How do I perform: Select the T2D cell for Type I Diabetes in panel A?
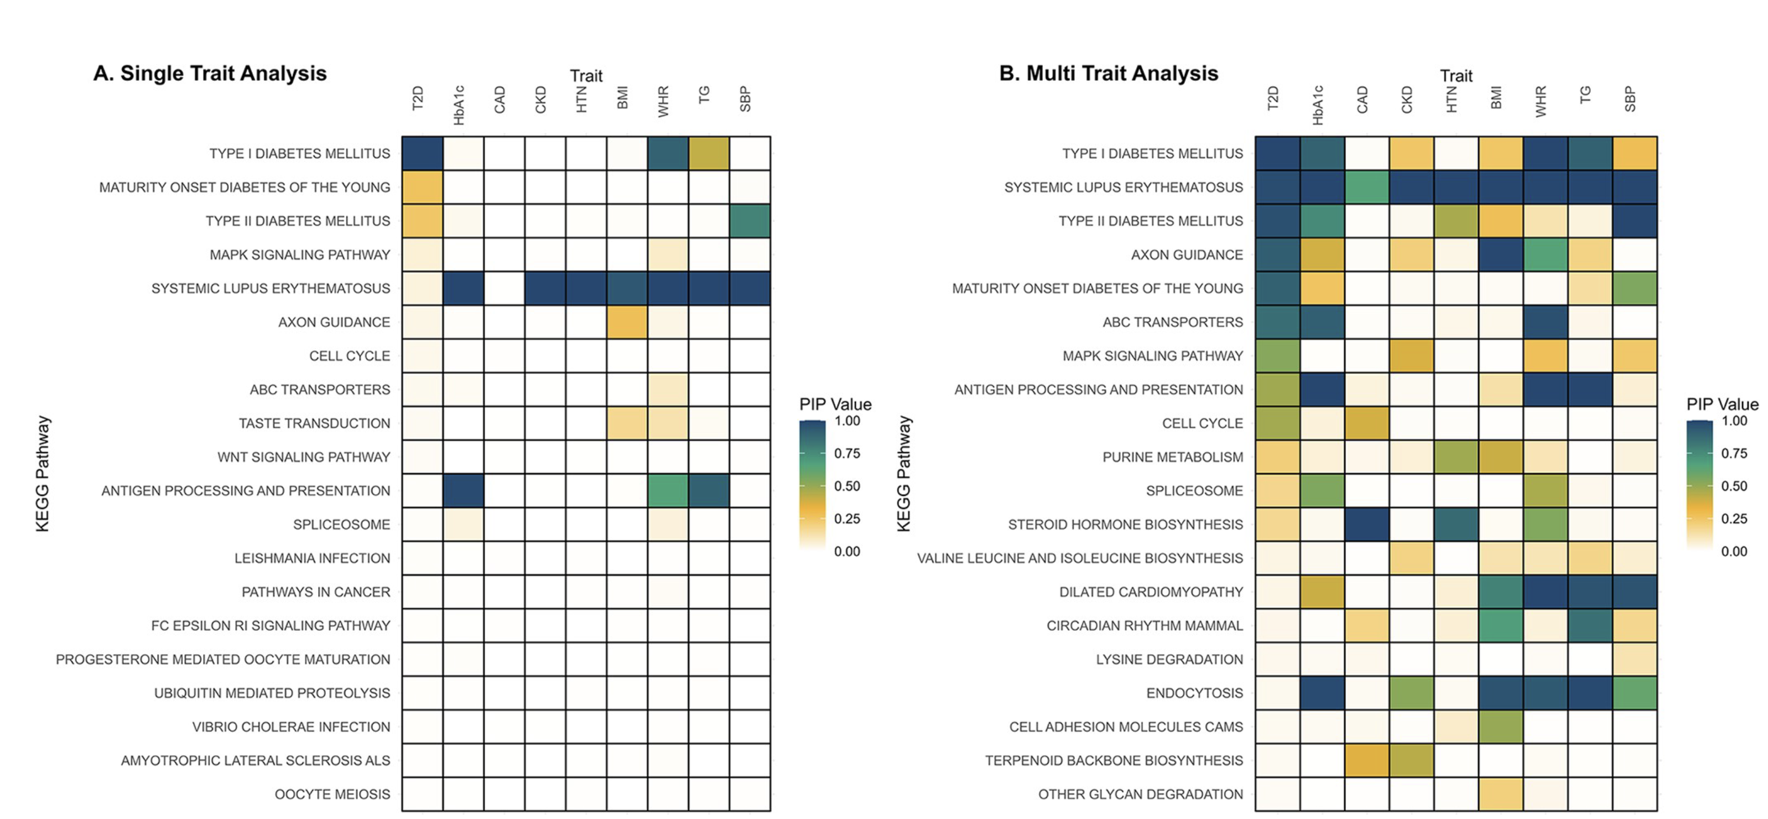422,153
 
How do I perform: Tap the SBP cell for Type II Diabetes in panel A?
750,220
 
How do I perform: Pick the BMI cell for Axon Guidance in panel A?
627,322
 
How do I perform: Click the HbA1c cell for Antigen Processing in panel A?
463,490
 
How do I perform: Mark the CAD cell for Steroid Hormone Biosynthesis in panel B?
1366,524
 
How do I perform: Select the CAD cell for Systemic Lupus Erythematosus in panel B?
1366,186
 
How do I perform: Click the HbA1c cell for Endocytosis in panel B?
1322,693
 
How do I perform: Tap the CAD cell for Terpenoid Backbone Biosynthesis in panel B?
1366,760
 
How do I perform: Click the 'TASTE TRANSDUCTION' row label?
314,423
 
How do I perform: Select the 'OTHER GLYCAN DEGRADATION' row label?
1140,794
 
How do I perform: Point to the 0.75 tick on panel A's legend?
847,453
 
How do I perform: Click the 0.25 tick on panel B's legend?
1734,519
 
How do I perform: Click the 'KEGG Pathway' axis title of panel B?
903,473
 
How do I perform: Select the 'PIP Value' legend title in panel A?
835,405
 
